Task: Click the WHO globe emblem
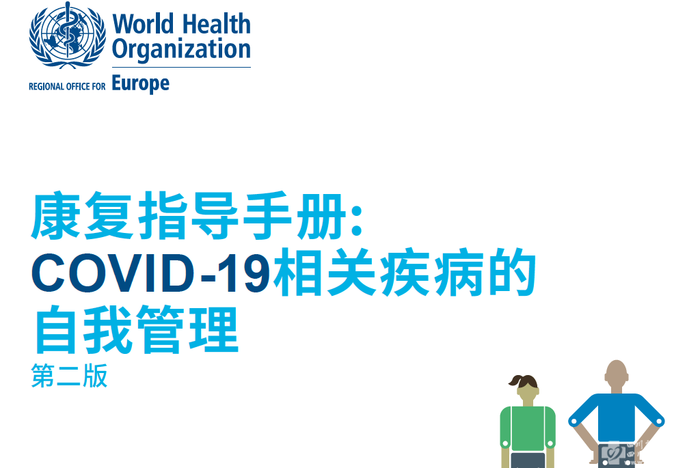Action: pyautogui.click(x=68, y=36)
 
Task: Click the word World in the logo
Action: pyautogui.click(x=143, y=24)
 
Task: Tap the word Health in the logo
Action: pyautogui.click(x=217, y=24)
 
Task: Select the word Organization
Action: pyautogui.click(x=181, y=49)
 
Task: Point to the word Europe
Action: pyautogui.click(x=140, y=84)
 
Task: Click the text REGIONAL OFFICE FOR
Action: pyautogui.click(x=67, y=86)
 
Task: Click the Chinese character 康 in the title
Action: pyautogui.click(x=55, y=215)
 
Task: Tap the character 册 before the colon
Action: pyautogui.click(x=321, y=215)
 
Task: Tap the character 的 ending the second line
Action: pyautogui.click(x=511, y=272)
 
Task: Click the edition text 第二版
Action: pyautogui.click(x=69, y=375)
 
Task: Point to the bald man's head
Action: pyautogui.click(x=617, y=374)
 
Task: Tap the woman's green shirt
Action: pyautogui.click(x=528, y=428)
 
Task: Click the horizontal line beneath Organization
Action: pyautogui.click(x=181, y=68)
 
